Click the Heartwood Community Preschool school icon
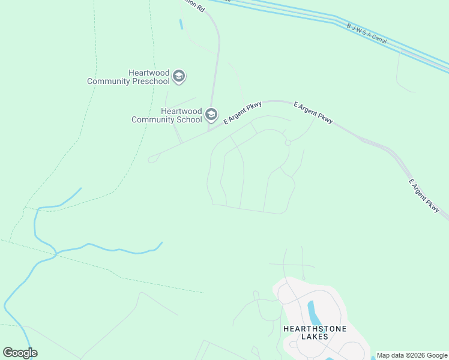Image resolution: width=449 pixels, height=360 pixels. tap(178, 77)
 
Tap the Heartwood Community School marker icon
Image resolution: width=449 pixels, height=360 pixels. tap(211, 114)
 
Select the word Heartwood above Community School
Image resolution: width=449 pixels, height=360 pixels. tap(181, 111)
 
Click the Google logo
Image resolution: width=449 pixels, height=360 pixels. tap(20, 352)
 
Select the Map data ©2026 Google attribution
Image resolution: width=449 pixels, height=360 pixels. tap(412, 356)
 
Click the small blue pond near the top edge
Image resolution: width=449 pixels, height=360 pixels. tap(181, 24)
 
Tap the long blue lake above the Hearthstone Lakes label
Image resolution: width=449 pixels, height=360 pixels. tap(313, 313)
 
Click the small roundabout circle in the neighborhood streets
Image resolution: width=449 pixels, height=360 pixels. tap(288, 143)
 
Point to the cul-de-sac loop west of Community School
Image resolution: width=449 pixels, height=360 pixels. tap(152, 159)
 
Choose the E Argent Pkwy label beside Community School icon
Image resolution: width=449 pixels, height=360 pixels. tap(243, 113)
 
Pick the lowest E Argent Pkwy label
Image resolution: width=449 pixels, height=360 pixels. tap(424, 195)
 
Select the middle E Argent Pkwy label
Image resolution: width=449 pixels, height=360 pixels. tap(313, 112)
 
